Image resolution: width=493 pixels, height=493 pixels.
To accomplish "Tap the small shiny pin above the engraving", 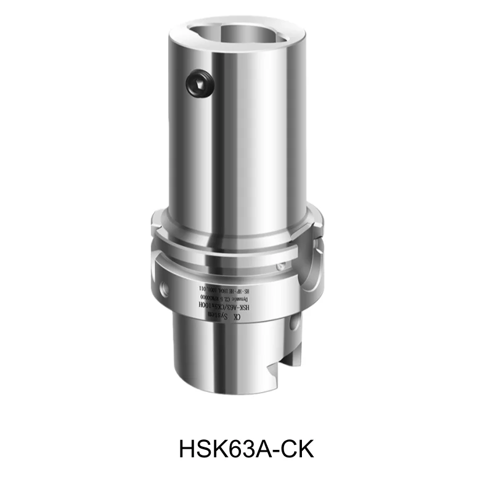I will [x=280, y=267].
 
